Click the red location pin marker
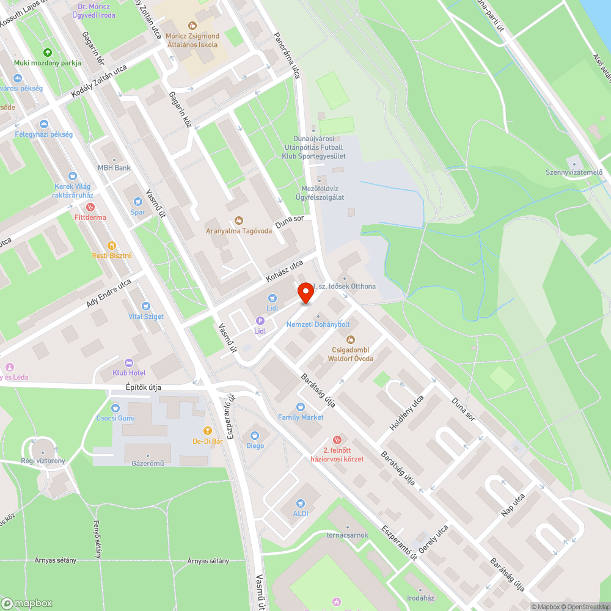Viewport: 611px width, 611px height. click(x=305, y=292)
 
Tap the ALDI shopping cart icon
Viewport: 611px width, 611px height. click(x=300, y=503)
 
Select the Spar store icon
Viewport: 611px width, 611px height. click(x=137, y=202)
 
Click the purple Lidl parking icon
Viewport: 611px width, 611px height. click(x=260, y=321)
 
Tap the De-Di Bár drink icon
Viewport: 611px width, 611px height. click(x=207, y=431)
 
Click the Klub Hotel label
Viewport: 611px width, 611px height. click(x=129, y=373)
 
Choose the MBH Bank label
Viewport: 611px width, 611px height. click(x=114, y=167)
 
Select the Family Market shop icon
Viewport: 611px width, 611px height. click(x=300, y=407)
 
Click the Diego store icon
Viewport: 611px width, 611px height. click(x=255, y=436)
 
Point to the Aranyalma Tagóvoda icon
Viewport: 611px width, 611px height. click(x=238, y=221)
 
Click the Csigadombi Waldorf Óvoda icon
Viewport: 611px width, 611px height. click(x=350, y=339)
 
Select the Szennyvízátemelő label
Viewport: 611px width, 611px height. click(x=574, y=172)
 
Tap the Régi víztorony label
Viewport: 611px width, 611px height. click(x=43, y=461)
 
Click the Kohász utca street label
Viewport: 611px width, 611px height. click(x=285, y=271)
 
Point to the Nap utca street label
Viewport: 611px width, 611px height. click(x=513, y=505)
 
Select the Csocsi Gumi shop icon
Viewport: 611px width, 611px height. click(x=115, y=408)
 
